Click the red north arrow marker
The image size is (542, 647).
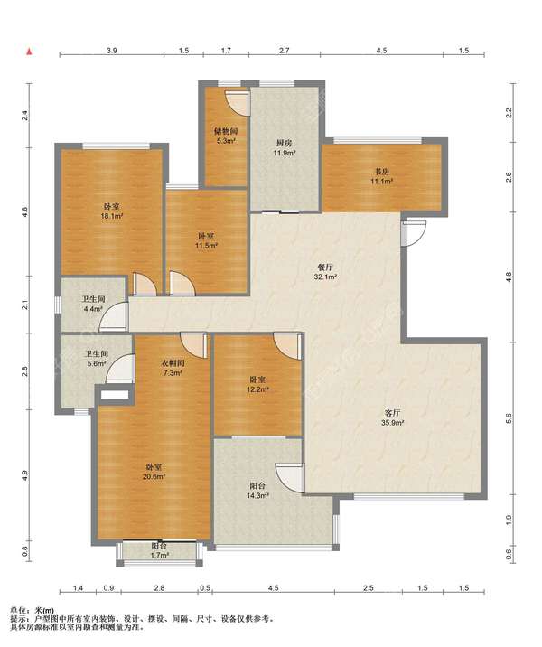click(x=29, y=52)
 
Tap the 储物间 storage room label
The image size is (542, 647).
click(x=226, y=131)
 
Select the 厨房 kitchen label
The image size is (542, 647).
click(x=285, y=143)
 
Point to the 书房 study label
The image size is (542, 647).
click(x=381, y=172)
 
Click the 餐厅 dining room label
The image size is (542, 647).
click(x=325, y=267)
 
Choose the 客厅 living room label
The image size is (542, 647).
click(x=392, y=413)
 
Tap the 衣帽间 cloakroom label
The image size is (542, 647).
click(x=173, y=363)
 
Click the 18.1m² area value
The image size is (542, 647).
click(x=112, y=216)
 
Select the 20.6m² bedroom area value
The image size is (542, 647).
click(x=154, y=476)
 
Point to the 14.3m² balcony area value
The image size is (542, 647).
click(x=257, y=495)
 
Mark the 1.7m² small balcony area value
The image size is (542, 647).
click(x=160, y=555)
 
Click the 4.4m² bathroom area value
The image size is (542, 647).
click(x=93, y=308)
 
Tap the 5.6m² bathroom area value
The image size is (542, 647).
click(x=97, y=363)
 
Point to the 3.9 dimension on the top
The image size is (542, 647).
click(x=112, y=51)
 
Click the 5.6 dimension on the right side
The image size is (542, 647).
click(x=509, y=418)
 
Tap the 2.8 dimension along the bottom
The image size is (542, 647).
click(x=159, y=588)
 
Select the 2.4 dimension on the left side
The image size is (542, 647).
click(x=25, y=116)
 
